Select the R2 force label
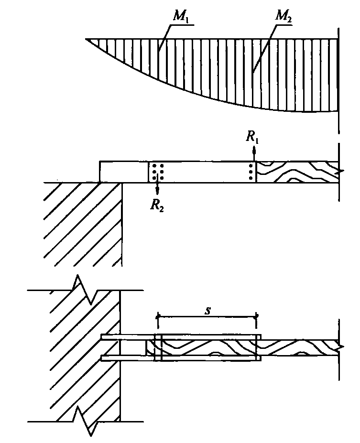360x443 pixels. pos(157,206)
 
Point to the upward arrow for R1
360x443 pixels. pos(254,153)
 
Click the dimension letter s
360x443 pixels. pos(207,311)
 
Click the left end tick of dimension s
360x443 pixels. pos(158,317)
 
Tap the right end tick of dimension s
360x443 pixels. pos(256,317)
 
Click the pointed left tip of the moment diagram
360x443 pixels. pos(86,39)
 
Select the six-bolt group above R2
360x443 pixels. pos(158,172)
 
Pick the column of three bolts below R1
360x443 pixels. pos(251,172)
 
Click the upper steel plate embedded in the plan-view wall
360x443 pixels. pos(181,337)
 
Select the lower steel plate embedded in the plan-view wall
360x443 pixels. pos(181,358)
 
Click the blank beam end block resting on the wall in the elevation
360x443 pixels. pos(124,172)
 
